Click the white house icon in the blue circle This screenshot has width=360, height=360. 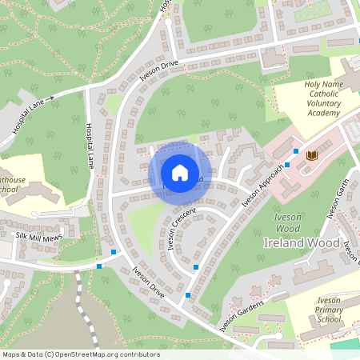(179, 172)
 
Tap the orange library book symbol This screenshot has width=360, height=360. (311, 155)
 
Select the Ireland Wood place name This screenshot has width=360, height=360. (302, 242)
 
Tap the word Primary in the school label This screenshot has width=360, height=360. (328, 309)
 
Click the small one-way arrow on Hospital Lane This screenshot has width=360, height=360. (50, 98)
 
